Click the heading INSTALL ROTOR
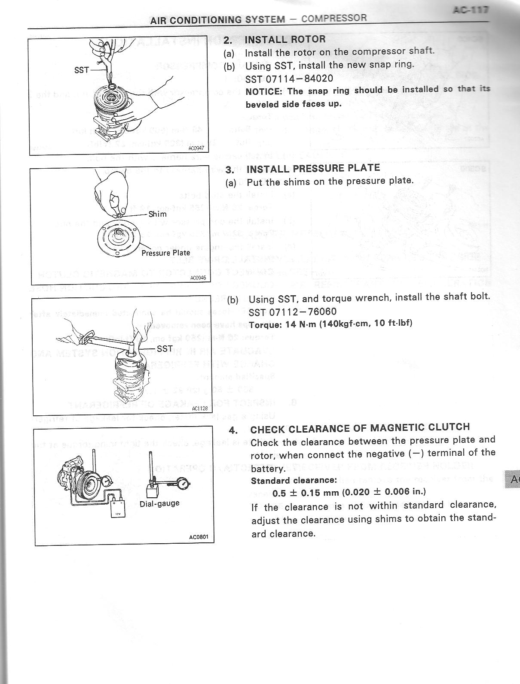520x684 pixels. pyautogui.click(x=285, y=39)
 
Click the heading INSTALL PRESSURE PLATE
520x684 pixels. pyautogui.click(x=313, y=169)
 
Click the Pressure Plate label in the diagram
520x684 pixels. pyautogui.click(x=165, y=253)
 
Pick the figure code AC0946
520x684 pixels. pyautogui.click(x=198, y=278)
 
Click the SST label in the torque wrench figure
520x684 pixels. pyautogui.click(x=165, y=348)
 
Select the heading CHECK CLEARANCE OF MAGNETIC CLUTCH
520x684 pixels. pyautogui.click(x=360, y=428)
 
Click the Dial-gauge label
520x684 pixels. pyautogui.click(x=159, y=503)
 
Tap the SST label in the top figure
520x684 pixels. pyautogui.click(x=81, y=70)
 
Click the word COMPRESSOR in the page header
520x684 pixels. pyautogui.click(x=334, y=18)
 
